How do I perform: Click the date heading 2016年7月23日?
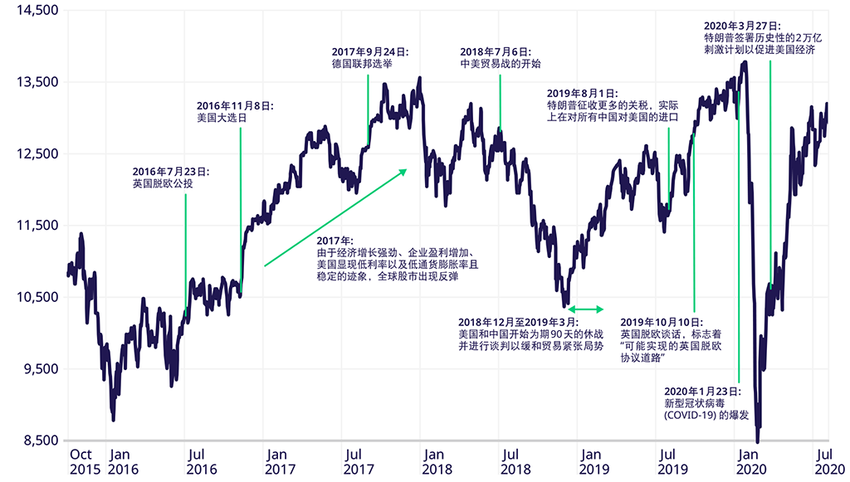(171, 171)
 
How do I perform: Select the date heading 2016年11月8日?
(235, 105)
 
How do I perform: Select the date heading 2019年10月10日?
(662, 321)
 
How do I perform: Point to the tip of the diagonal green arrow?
(408, 169)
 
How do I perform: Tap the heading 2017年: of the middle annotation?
(335, 240)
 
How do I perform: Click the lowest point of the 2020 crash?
(758, 441)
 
